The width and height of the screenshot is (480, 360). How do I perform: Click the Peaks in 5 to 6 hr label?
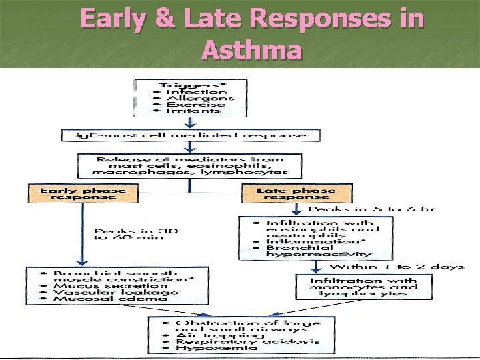380,209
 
